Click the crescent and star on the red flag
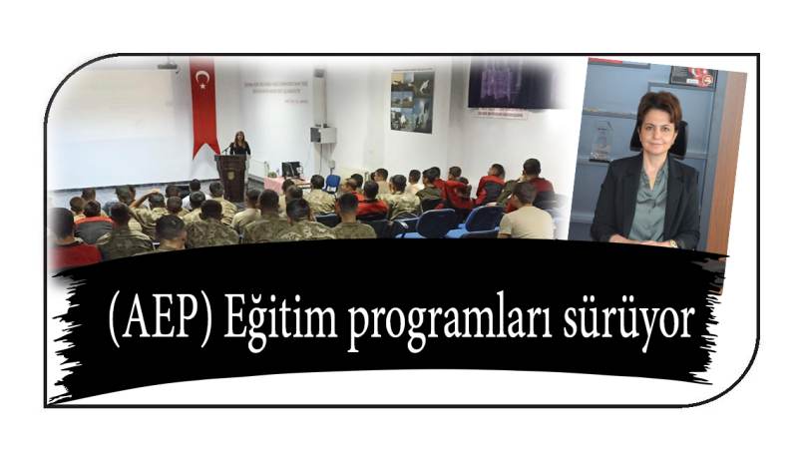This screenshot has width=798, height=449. (x=202, y=79)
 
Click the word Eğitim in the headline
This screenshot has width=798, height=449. (x=280, y=318)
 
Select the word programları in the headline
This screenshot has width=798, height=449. (x=451, y=322)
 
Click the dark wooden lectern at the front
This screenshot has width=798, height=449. (x=231, y=177)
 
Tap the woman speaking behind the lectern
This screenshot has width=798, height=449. (x=239, y=143)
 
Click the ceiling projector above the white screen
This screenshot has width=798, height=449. (x=167, y=65)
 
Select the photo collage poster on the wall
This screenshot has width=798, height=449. (x=412, y=101)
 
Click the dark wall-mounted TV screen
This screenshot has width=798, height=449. (x=512, y=83)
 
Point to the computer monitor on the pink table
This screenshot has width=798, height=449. (x=291, y=169)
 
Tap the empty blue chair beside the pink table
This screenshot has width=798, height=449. (x=332, y=184)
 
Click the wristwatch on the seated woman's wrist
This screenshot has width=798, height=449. (x=673, y=243)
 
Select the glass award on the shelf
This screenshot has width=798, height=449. (x=601, y=141)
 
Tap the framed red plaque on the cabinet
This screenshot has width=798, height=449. (x=692, y=77)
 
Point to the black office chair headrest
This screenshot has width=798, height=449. (x=659, y=137)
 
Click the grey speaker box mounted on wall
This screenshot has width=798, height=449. (x=323, y=135)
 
